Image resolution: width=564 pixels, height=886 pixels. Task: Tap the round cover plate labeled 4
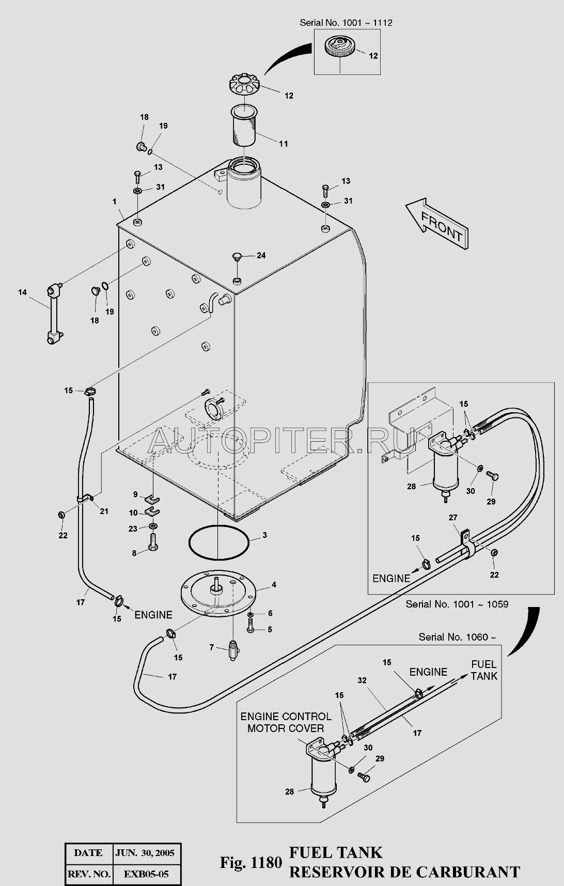pos(217,593)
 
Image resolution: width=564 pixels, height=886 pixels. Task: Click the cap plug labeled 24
pos(237,256)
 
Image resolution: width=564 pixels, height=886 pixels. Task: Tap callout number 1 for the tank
pos(115,201)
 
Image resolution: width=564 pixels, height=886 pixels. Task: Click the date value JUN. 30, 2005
pos(144,853)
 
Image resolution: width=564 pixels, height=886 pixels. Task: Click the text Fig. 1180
pos(251,862)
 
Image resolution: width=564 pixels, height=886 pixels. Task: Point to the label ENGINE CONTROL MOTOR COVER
pos(286,722)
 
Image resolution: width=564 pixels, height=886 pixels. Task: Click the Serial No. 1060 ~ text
pos(457,637)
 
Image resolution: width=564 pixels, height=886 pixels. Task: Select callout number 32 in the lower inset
pos(362,680)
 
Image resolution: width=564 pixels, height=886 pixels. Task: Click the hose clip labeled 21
pos(86,499)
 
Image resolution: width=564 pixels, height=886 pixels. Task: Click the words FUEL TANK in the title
pos(336,852)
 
